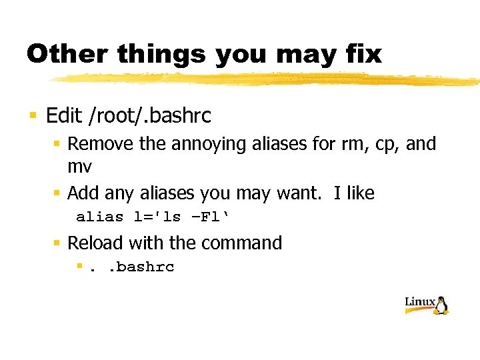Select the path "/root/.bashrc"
149,116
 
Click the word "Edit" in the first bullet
63,116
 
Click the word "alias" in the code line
99,217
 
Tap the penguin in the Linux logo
441,305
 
